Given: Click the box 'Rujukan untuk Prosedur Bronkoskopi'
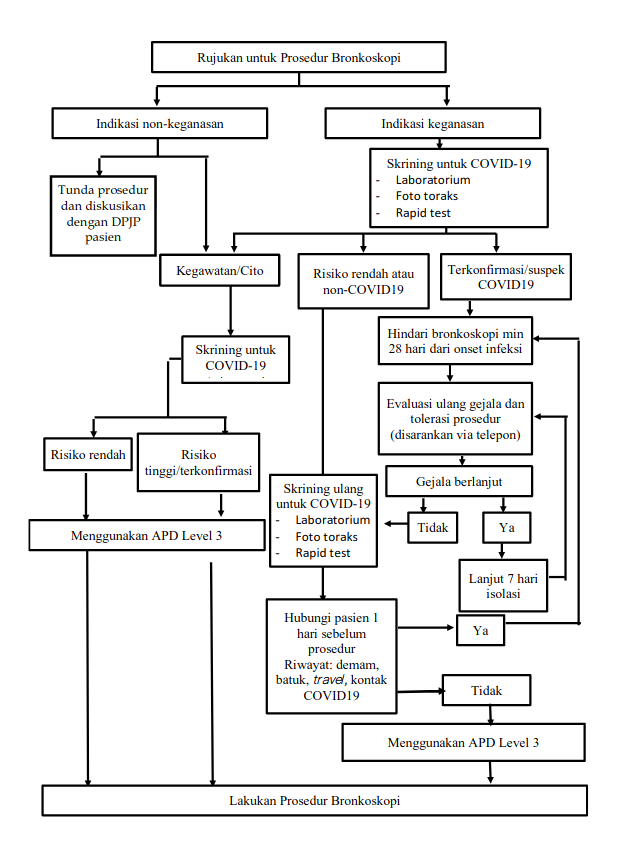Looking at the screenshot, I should point(298,57).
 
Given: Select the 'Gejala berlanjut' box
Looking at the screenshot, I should point(459,481).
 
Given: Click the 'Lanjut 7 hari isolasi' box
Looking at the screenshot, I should point(506,585).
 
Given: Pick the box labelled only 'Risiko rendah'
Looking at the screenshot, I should point(88,454).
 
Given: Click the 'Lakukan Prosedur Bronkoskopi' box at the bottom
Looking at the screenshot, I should point(314,801).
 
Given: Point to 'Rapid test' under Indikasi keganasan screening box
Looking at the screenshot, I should point(425,212).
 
